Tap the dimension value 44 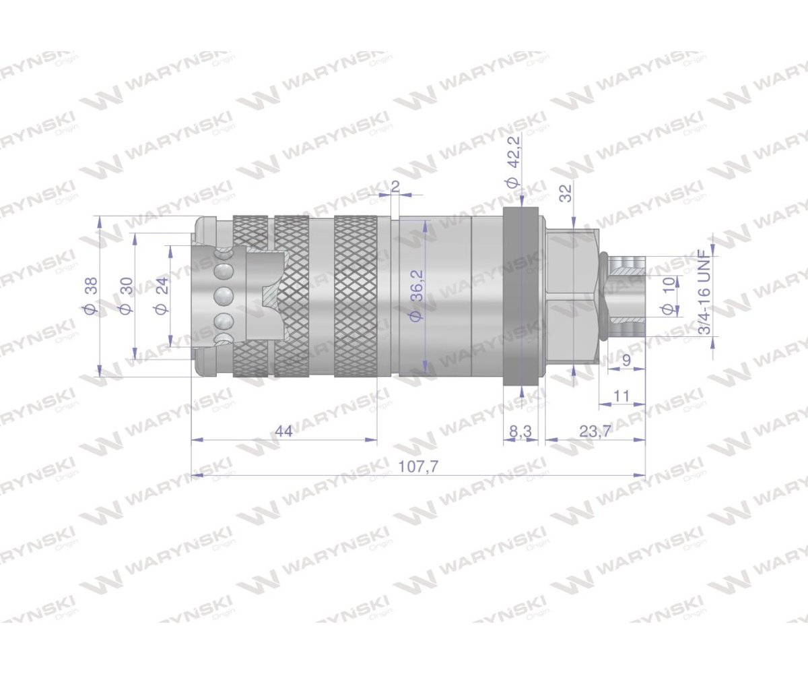(283, 431)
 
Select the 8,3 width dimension (520, 431)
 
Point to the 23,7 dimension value (595, 431)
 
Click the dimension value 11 (621, 396)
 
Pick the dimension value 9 (626, 361)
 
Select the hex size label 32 (566, 193)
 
